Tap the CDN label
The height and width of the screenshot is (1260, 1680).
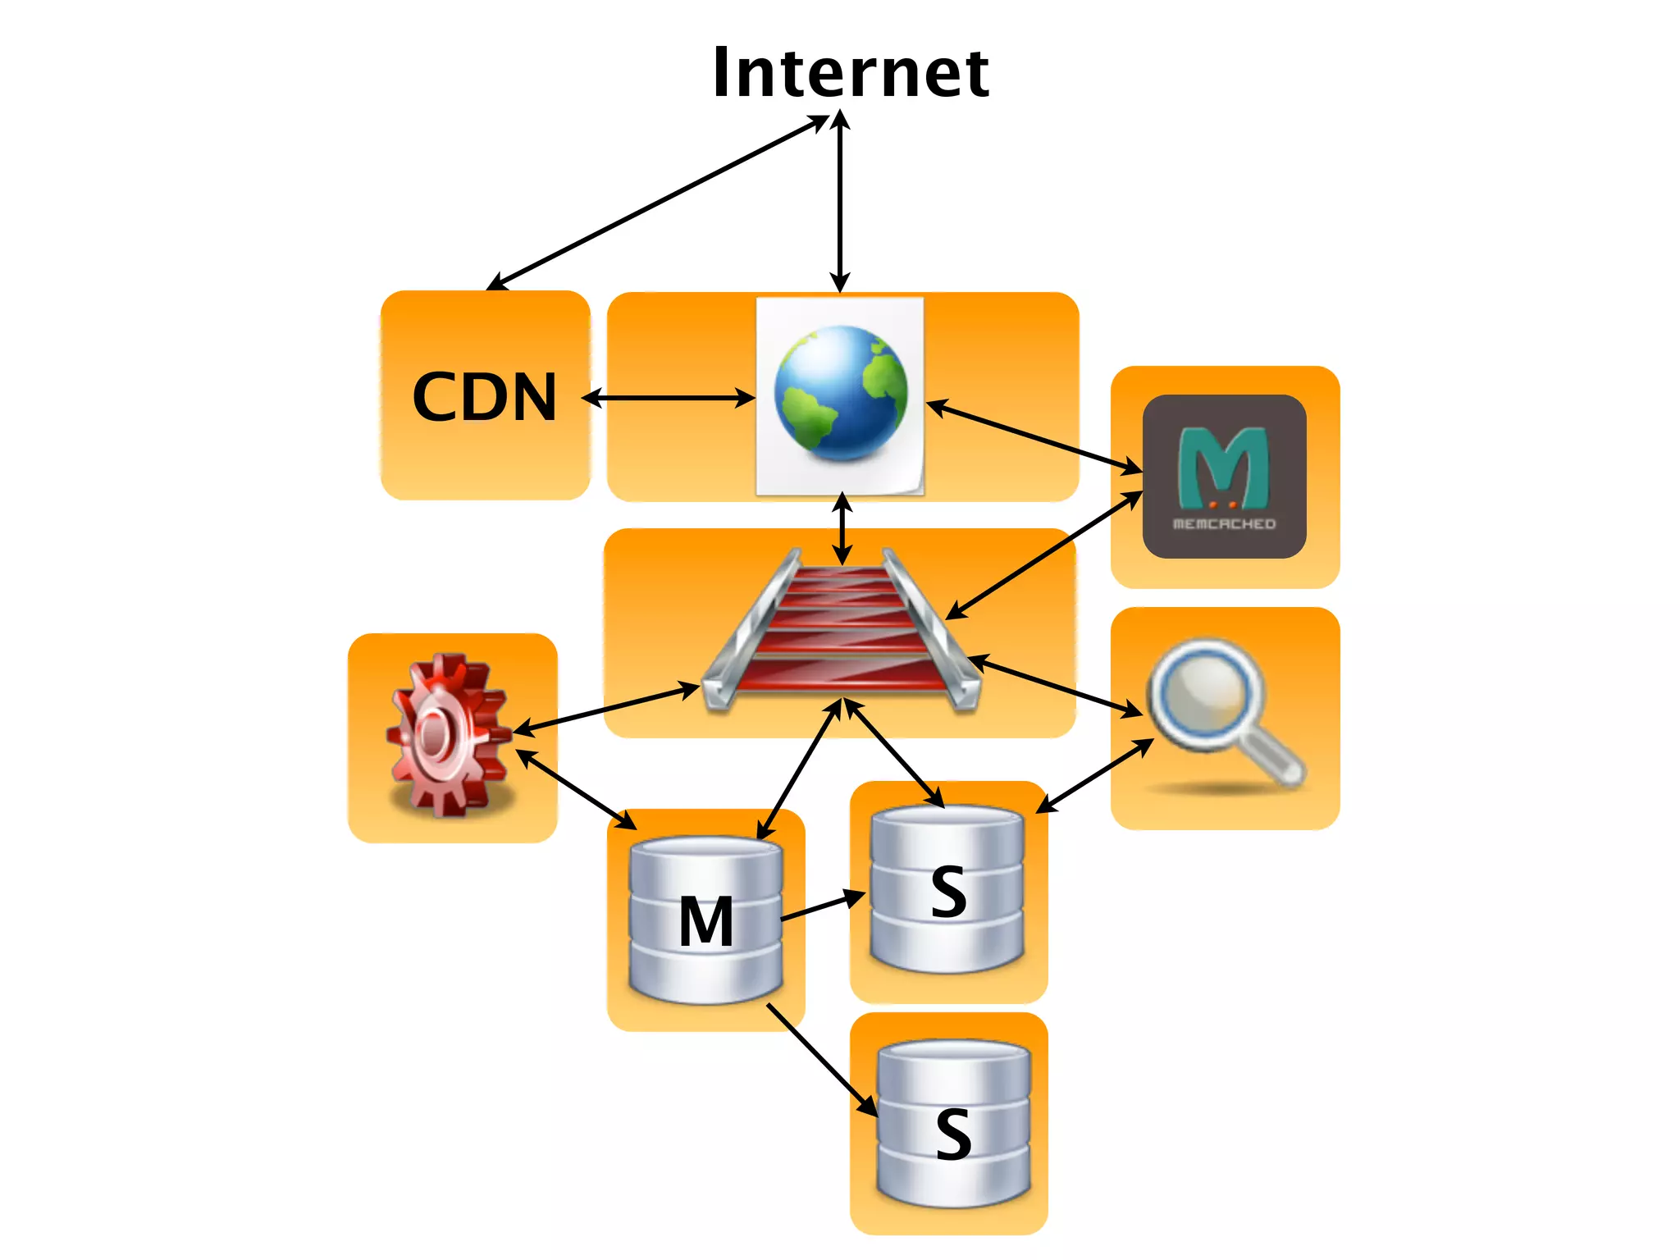485,397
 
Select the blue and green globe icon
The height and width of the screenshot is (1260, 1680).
841,394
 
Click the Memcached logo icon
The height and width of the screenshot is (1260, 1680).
1224,477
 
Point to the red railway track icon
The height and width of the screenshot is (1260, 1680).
841,628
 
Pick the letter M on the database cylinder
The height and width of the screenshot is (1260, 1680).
705,921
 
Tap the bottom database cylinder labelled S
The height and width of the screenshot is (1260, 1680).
953,1124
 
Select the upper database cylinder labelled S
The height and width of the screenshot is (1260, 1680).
947,889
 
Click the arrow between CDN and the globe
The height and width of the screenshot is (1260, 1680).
669,399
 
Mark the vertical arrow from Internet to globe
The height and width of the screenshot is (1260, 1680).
840,201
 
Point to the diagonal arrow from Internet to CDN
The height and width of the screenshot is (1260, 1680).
656,203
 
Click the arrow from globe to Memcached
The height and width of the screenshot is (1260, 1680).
1034,436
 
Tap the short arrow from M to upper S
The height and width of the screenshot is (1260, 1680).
823,906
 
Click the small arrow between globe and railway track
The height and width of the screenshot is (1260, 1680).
842,529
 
